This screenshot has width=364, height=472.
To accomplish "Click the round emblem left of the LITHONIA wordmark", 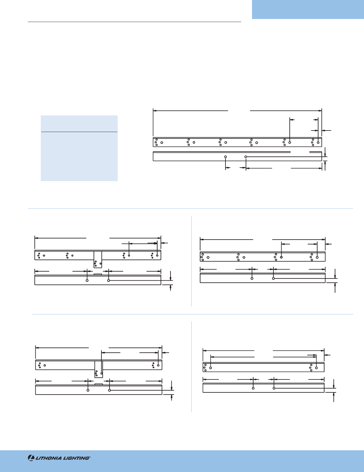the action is click(x=31, y=458).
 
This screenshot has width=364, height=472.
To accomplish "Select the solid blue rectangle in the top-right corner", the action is click(x=308, y=9).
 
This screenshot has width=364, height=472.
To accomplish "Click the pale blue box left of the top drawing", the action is click(x=79, y=148).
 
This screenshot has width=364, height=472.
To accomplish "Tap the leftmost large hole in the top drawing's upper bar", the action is click(x=162, y=142).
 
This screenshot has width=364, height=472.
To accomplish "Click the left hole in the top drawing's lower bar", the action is click(x=225, y=157).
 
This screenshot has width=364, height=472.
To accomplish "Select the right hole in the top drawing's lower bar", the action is click(x=246, y=157).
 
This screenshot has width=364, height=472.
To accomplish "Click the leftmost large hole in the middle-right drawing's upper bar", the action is click(x=208, y=257).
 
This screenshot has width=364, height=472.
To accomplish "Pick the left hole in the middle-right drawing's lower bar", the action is click(x=252, y=278).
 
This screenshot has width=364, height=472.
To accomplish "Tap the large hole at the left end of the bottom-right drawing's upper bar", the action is click(x=211, y=368).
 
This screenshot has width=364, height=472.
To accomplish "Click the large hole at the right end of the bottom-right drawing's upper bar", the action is click(x=316, y=368).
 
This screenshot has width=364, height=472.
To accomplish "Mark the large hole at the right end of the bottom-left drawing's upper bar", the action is click(x=158, y=365).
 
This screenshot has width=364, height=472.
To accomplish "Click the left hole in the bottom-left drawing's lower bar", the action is click(x=88, y=390).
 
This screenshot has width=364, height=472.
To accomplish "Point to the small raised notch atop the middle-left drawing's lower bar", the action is click(x=98, y=274).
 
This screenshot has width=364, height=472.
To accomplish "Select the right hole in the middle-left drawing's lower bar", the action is click(x=108, y=280).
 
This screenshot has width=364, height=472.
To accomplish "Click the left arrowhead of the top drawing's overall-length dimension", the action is click(x=155, y=111).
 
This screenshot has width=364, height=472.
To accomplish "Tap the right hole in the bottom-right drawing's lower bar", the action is click(x=274, y=388).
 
